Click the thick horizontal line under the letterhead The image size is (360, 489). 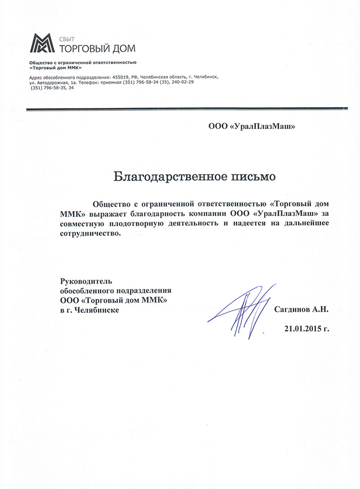point(187,109)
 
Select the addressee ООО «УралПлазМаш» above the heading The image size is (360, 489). point(251,127)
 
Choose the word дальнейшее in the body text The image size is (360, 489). point(304,223)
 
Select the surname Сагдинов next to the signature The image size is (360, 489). point(292,309)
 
